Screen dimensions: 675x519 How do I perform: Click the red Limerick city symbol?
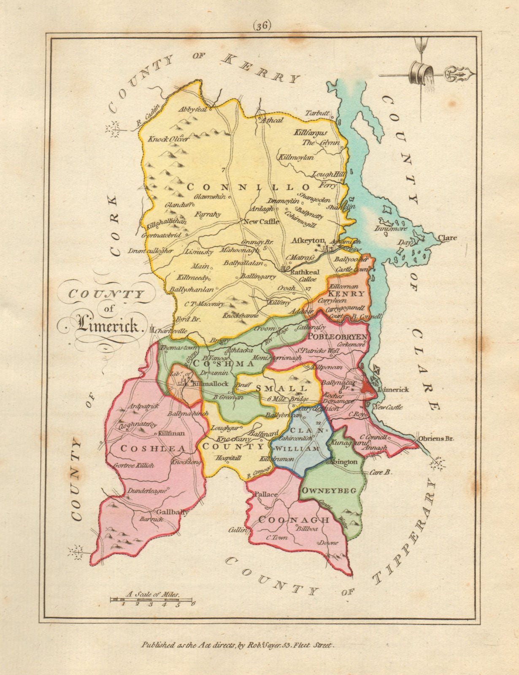pos(367,387)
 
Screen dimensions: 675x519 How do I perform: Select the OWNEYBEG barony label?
pos(329,490)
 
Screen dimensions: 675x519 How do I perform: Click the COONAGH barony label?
pos(294,520)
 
